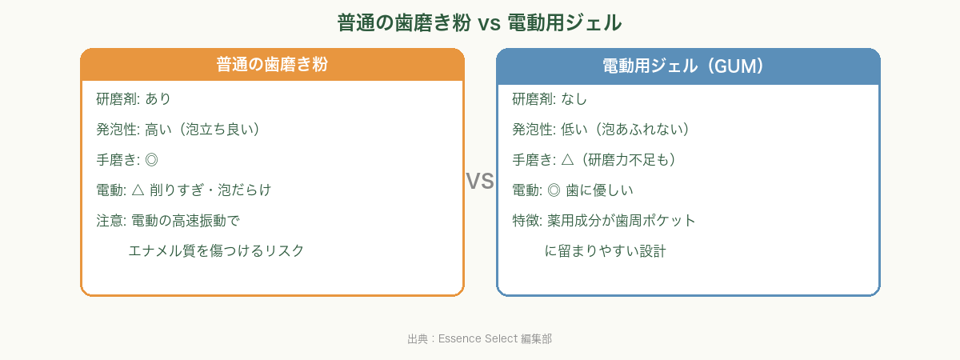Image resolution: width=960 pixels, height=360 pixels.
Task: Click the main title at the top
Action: pyautogui.click(x=479, y=22)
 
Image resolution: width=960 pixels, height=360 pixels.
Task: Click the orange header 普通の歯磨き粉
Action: pyautogui.click(x=272, y=66)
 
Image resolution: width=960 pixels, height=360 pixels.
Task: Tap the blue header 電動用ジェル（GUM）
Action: pyautogui.click(x=688, y=66)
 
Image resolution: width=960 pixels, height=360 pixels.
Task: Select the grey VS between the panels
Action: pyautogui.click(x=480, y=182)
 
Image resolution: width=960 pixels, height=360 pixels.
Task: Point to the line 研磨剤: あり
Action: pyautogui.click(x=134, y=99)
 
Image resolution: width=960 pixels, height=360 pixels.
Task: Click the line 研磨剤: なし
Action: pyautogui.click(x=550, y=99)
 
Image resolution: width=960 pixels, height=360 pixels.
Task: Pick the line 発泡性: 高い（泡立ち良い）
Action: pyautogui.click(x=178, y=130)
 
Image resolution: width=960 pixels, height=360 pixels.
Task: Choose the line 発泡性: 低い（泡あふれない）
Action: pyautogui.click(x=601, y=130)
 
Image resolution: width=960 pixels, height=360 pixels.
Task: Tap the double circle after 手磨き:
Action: pyautogui.click(x=152, y=160)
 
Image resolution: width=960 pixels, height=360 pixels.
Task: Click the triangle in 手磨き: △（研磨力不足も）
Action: pyautogui.click(x=568, y=160)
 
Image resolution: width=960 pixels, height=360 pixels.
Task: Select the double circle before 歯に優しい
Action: pyautogui.click(x=552, y=190)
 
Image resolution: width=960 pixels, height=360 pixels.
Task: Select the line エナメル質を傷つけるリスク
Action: pyautogui.click(x=216, y=251)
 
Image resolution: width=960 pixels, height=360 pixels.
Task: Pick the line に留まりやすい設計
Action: pyautogui.click(x=605, y=251)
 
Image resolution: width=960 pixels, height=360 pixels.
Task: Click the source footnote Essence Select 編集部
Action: pyautogui.click(x=479, y=339)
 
